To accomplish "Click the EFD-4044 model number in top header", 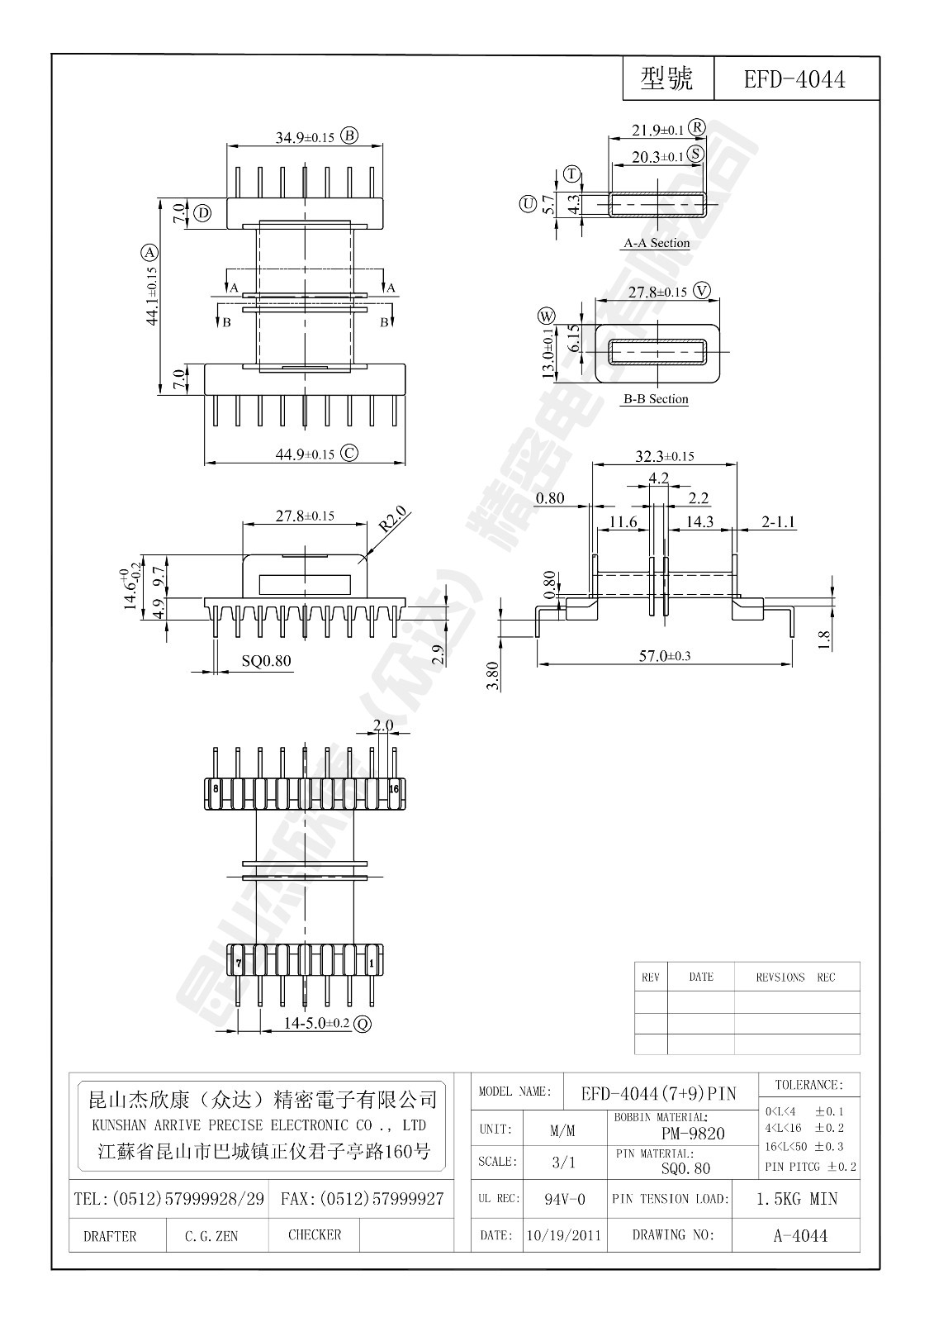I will coord(794,79).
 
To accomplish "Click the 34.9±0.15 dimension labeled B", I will coord(305,137).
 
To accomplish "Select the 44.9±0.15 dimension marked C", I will coord(305,454).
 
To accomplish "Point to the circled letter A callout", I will coord(149,252).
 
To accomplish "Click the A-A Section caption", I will coord(656,243).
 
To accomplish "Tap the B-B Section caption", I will coord(656,399).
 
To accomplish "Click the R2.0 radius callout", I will coord(394,522).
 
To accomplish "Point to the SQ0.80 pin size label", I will coord(266,661).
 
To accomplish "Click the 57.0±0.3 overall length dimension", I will coord(665,655).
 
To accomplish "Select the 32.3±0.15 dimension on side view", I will coord(664,455).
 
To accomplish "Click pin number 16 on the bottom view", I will coord(394,789).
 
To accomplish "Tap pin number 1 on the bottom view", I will coord(372,963).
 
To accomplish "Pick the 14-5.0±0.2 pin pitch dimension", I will coord(316,1024).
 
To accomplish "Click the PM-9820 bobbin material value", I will coord(693,1134).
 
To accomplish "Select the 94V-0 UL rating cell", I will coord(565,1199).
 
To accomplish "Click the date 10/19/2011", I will coord(563,1236).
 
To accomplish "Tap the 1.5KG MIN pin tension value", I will coord(796,1199).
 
